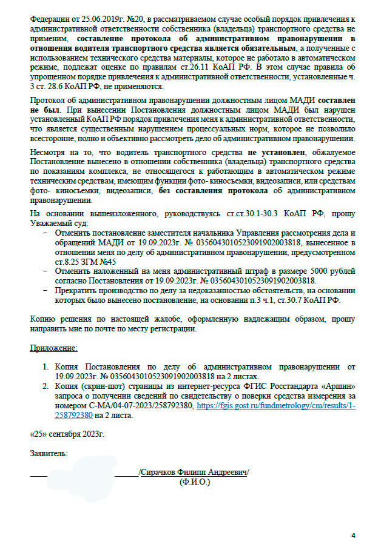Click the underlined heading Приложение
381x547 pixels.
coord(53,349)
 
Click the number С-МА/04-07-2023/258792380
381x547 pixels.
coord(139,406)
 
